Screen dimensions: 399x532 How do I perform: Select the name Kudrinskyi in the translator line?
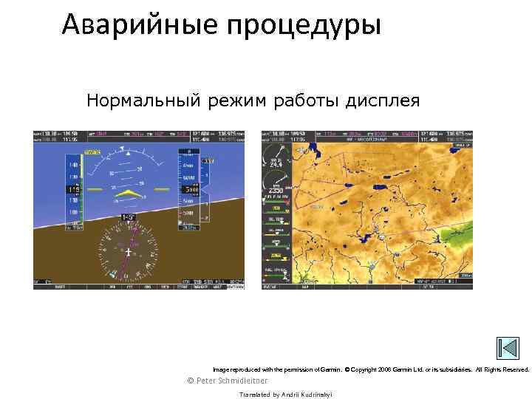click(x=315, y=395)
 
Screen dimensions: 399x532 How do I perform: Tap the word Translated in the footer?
click(x=255, y=395)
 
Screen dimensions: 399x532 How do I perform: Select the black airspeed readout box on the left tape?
click(x=75, y=190)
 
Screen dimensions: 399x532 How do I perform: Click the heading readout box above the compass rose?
click(x=129, y=217)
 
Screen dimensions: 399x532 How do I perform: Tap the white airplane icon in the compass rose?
click(x=129, y=252)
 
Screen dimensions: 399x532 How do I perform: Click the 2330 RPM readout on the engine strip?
click(x=276, y=189)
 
